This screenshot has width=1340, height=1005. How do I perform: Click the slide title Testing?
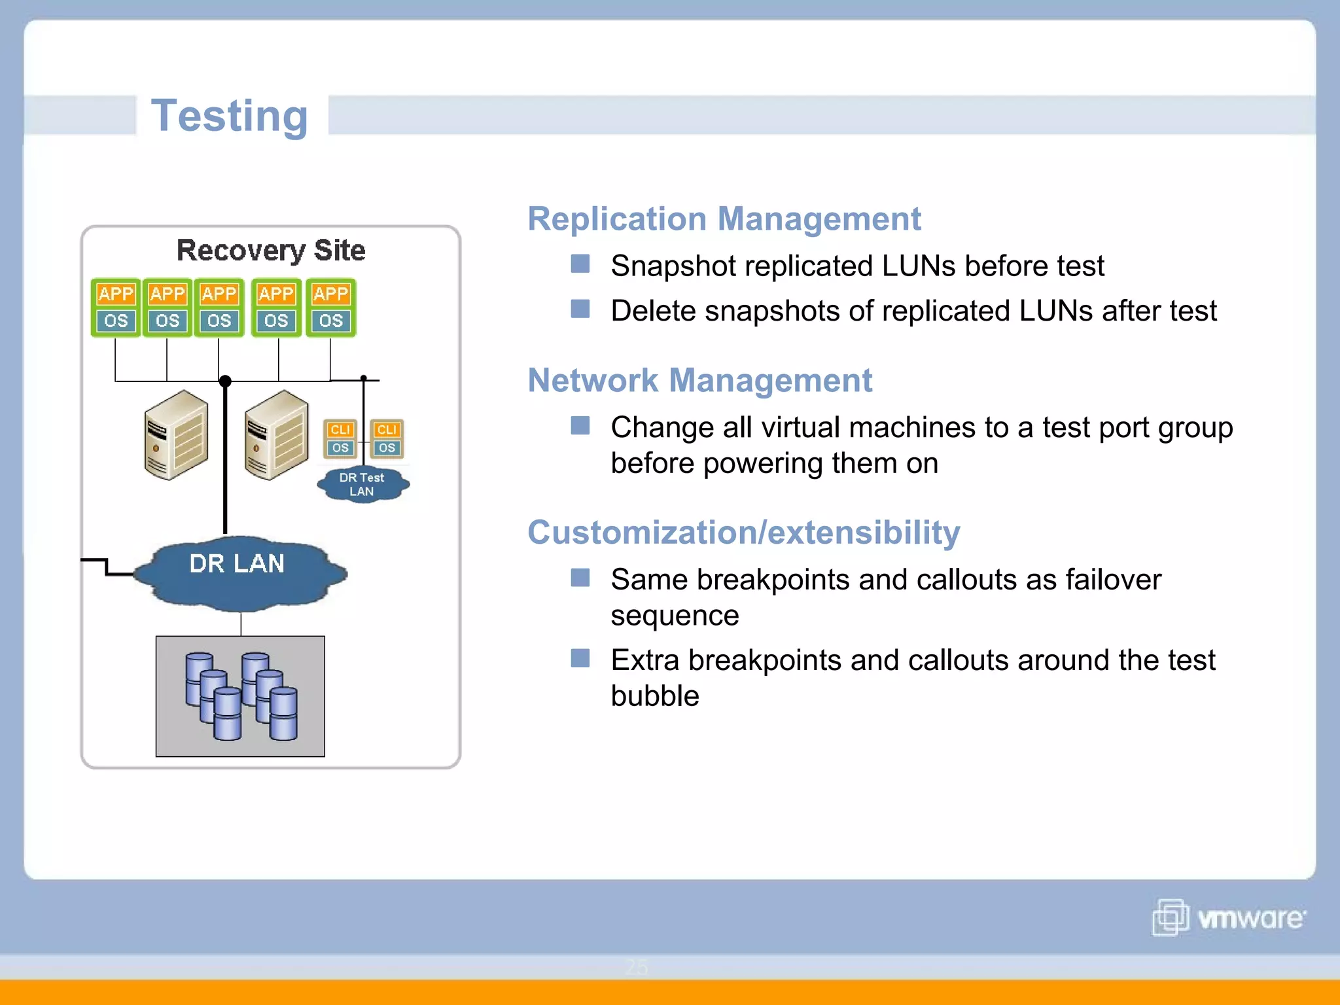point(229,116)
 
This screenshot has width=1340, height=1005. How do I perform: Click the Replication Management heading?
point(724,219)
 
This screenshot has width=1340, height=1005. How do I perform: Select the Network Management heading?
point(699,380)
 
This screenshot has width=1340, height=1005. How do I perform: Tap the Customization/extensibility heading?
point(743,532)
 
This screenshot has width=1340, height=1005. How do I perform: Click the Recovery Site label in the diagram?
point(271,251)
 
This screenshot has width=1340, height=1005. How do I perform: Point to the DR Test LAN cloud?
point(362,485)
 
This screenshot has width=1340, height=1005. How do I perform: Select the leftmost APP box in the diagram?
point(116,294)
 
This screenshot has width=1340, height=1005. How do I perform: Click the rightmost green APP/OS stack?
point(330,308)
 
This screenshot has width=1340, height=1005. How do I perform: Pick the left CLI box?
point(340,430)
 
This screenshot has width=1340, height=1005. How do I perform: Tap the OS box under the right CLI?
point(387,448)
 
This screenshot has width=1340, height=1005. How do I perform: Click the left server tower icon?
point(175,435)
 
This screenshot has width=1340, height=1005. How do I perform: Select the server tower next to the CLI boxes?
point(275,435)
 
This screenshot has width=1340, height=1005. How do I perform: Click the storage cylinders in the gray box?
point(240,696)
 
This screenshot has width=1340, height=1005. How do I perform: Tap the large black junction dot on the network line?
point(225,381)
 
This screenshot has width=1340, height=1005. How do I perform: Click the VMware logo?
point(1229,917)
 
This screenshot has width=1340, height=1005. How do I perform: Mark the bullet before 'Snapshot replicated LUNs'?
point(580,264)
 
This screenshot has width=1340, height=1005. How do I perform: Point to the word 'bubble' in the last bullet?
point(654,696)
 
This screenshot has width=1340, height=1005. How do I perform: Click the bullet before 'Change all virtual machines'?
point(580,426)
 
